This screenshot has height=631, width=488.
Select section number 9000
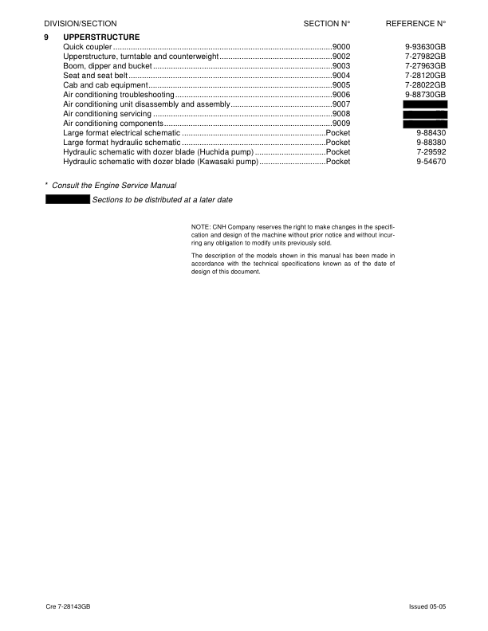(x=341, y=48)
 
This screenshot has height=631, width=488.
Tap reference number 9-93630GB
(x=425, y=48)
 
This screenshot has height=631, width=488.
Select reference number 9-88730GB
(x=425, y=94)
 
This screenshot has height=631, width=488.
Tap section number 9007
(x=341, y=104)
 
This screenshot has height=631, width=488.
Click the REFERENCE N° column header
(x=415, y=25)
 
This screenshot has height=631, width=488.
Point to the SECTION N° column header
(x=328, y=25)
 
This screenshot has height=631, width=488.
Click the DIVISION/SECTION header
(x=80, y=25)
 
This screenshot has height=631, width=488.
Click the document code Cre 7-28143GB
(x=68, y=607)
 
